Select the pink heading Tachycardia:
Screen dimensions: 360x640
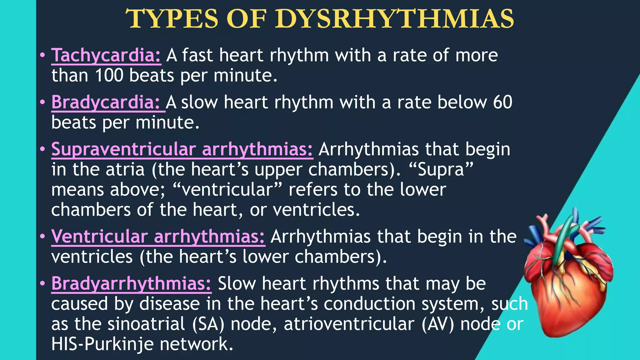coord(106,56)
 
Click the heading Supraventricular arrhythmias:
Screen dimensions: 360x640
coord(182,149)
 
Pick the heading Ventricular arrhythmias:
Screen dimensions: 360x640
coord(158,237)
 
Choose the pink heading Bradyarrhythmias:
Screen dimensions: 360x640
coord(131,284)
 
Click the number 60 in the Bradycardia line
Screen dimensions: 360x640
coord(502,102)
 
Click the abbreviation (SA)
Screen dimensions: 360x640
coord(208,324)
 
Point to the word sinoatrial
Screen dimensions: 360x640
coord(146,324)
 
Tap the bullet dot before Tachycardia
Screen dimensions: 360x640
coord(42,56)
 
